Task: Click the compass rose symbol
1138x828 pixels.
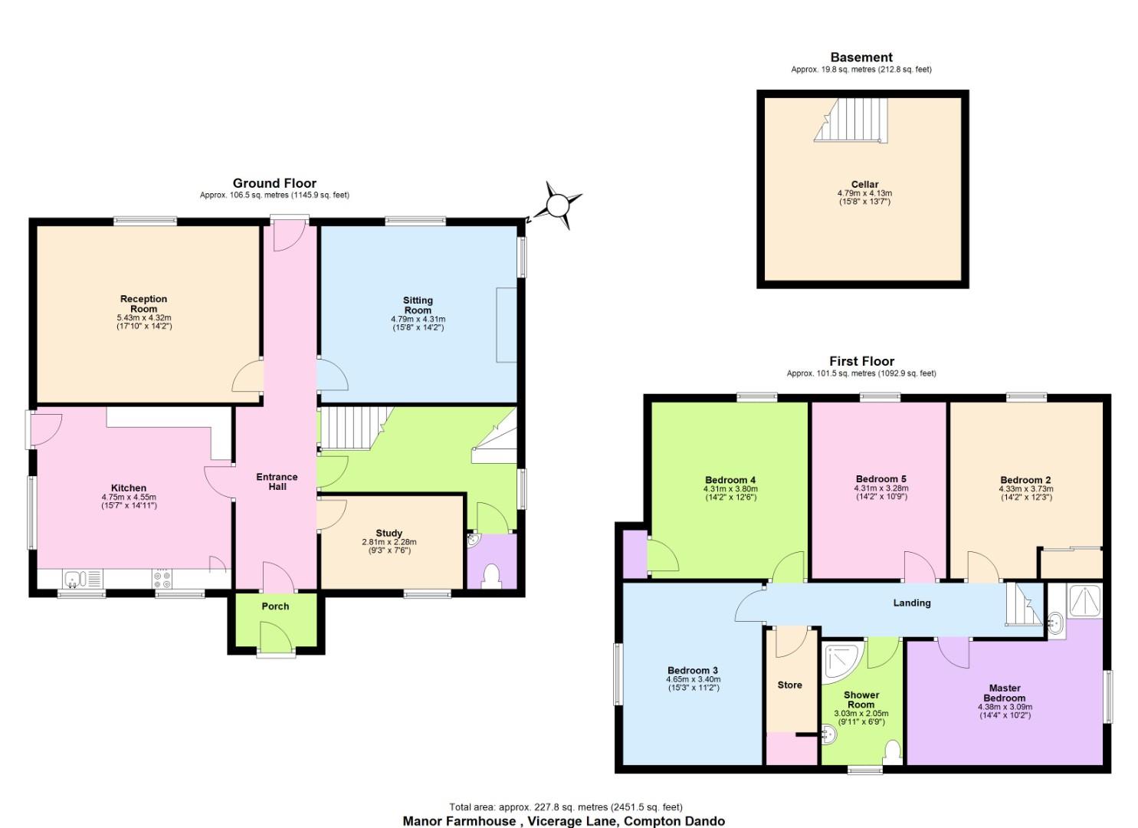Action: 558,205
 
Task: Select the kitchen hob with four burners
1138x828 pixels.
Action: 162,579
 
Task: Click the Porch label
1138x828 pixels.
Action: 275,606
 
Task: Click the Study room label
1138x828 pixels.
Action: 389,533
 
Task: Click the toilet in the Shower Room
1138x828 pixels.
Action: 893,749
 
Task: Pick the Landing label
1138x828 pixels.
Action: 912,603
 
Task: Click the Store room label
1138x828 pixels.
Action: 789,685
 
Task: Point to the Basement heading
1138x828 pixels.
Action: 861,57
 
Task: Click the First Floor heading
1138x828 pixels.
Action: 861,361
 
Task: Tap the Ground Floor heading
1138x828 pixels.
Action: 274,183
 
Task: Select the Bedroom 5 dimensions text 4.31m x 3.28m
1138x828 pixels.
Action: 881,488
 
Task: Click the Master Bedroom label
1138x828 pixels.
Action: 1005,693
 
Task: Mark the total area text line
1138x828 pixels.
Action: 566,807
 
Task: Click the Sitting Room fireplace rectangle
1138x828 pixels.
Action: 507,324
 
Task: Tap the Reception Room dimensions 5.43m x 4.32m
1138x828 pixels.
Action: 143,317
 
